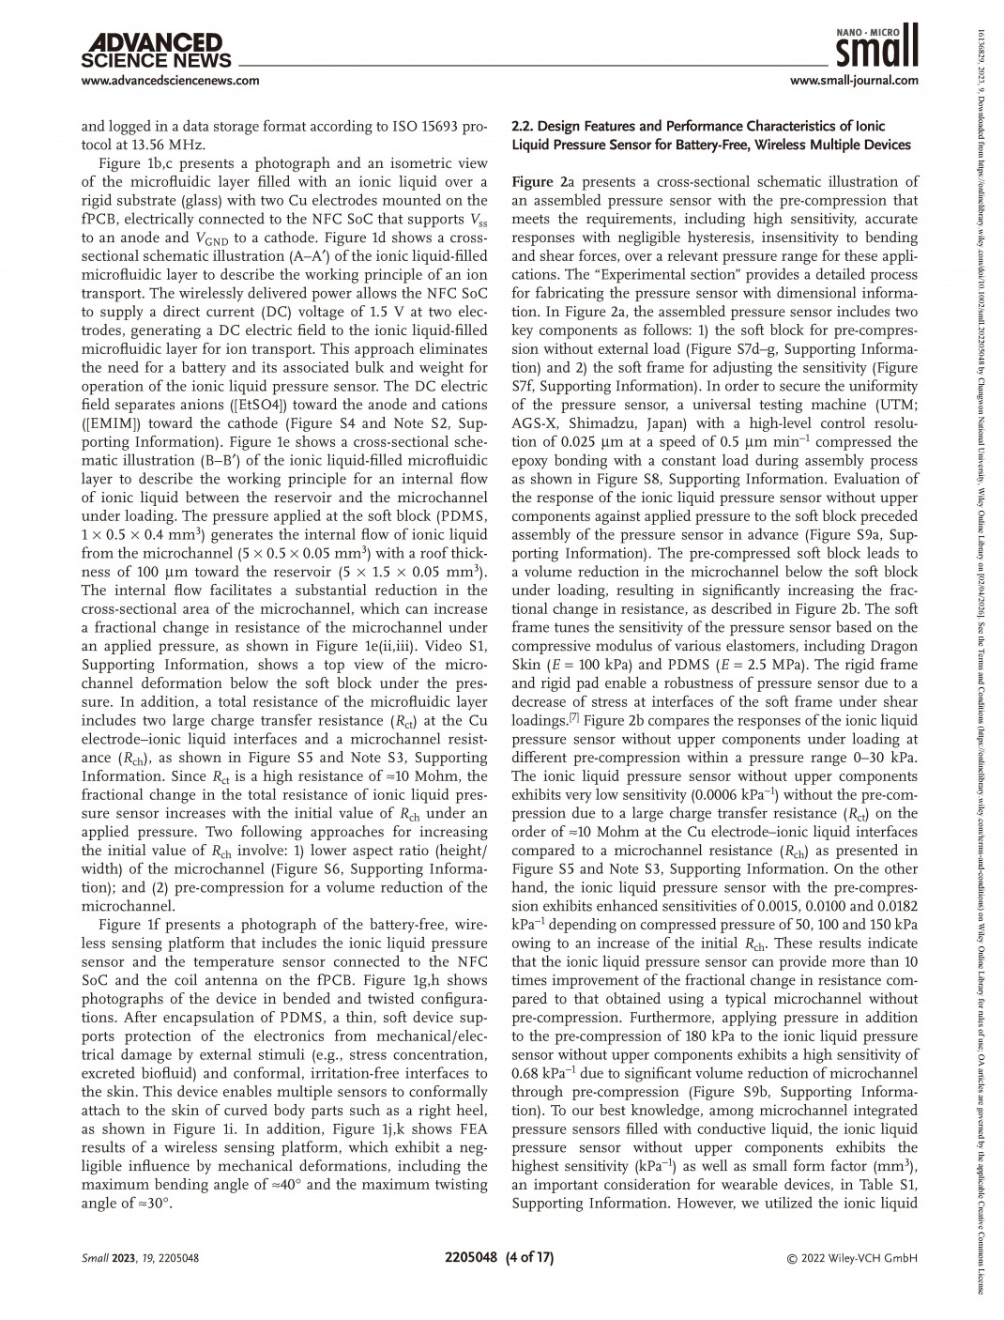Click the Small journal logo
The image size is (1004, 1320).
pyautogui.click(x=875, y=43)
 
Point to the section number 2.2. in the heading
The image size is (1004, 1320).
pyautogui.click(x=523, y=126)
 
